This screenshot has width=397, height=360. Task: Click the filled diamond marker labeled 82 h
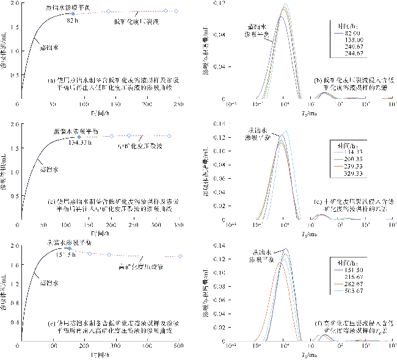click(x=73, y=13)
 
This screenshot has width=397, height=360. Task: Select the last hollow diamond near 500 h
click(x=181, y=256)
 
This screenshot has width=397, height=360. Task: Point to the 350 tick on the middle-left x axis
click(x=180, y=225)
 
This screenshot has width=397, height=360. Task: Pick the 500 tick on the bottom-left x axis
click(x=178, y=346)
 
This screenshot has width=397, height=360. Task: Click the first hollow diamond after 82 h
click(x=108, y=12)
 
